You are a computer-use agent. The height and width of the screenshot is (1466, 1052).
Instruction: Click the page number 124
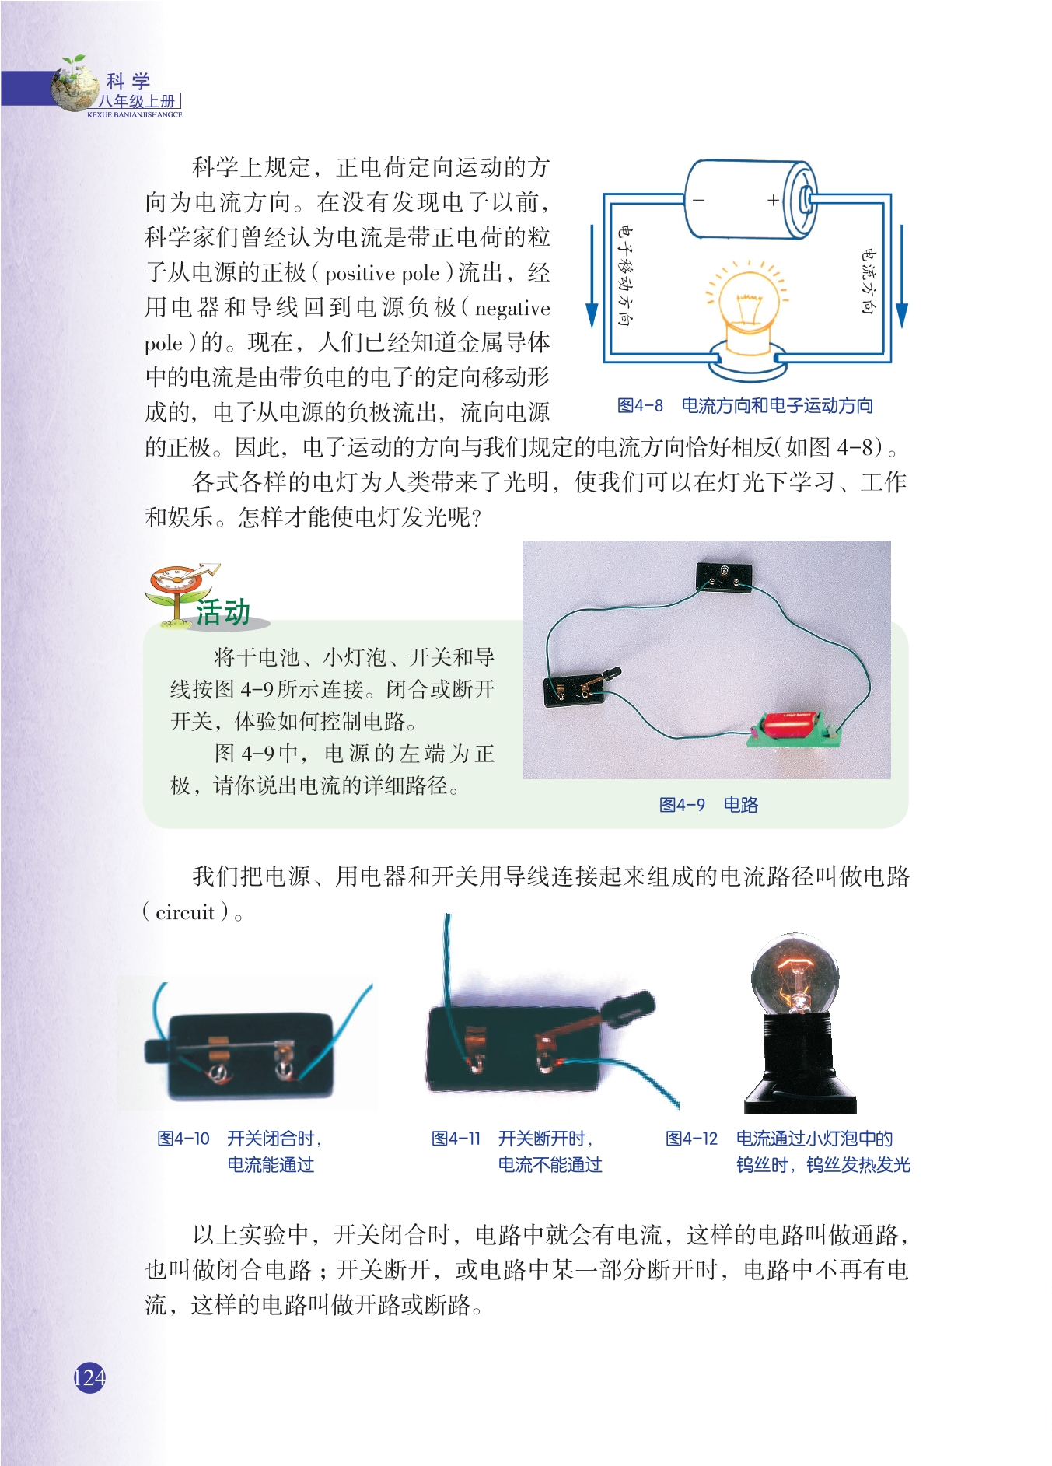[89, 1377]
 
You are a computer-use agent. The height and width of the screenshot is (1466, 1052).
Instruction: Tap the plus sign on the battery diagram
[773, 200]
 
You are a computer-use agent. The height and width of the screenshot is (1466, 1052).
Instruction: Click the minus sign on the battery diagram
[698, 200]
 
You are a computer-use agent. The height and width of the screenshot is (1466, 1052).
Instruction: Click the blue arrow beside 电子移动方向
[592, 277]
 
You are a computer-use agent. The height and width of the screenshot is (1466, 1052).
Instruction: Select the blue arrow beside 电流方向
[902, 277]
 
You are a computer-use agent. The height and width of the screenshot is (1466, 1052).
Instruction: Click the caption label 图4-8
[640, 405]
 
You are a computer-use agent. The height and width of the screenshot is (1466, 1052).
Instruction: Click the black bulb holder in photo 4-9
[724, 577]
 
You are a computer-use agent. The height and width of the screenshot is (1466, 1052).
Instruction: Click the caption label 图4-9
[682, 805]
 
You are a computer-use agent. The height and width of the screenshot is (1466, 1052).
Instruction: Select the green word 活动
[223, 612]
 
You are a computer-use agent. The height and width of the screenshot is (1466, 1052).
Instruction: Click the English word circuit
[185, 912]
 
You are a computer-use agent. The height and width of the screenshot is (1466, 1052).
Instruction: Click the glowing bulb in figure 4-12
[795, 975]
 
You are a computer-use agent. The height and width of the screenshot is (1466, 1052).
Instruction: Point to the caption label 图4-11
[456, 1139]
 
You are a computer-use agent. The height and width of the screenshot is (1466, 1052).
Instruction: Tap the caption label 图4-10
[183, 1139]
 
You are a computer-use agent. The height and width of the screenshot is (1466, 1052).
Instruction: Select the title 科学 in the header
[128, 81]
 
